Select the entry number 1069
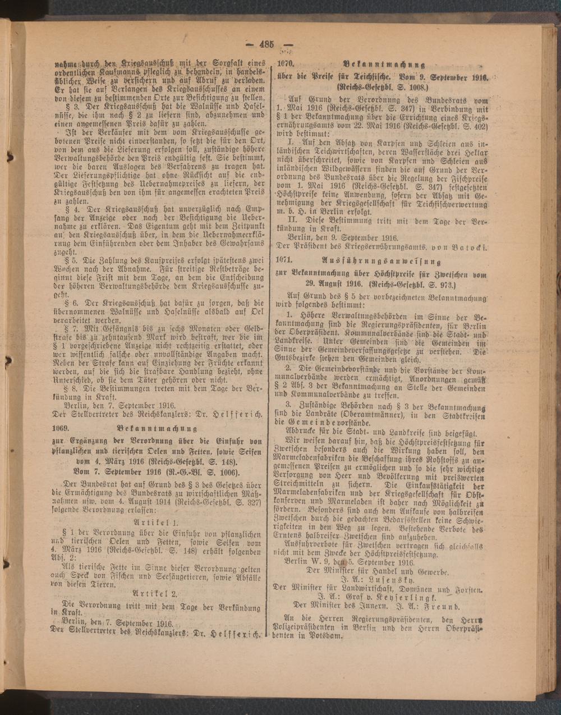coord(58,428)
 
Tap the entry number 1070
coord(286,64)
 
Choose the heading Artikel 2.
coord(155,593)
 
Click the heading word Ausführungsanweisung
coord(383,262)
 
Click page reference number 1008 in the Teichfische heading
coord(417,88)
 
